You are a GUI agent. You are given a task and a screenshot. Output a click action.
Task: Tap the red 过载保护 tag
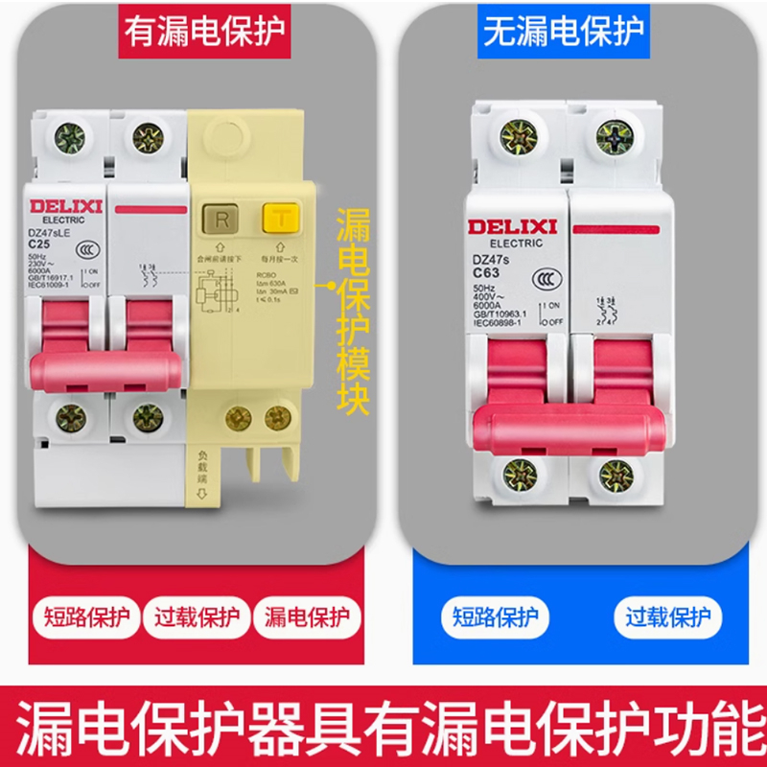coord(198,616)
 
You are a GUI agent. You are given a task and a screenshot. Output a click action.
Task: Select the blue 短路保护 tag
coord(496,616)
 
